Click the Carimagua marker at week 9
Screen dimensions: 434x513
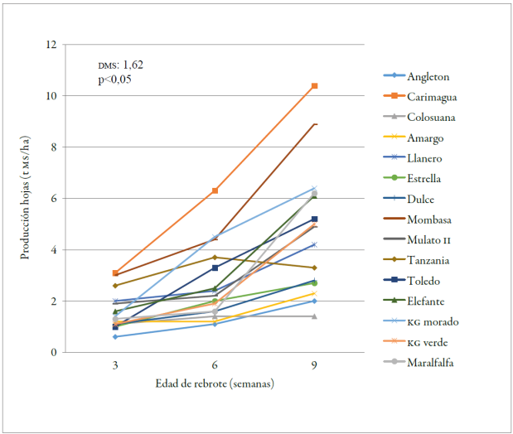315,86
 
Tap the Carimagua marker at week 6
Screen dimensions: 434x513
215,190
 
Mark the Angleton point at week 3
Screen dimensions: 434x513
115,336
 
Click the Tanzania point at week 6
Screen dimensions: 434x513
215,258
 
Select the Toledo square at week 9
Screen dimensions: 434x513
315,219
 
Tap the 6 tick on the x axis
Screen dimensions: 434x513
215,364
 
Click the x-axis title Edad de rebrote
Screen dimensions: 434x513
215,383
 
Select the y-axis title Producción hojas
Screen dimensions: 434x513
26,199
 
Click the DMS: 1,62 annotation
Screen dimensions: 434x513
121,65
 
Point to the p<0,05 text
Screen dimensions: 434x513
114,80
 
